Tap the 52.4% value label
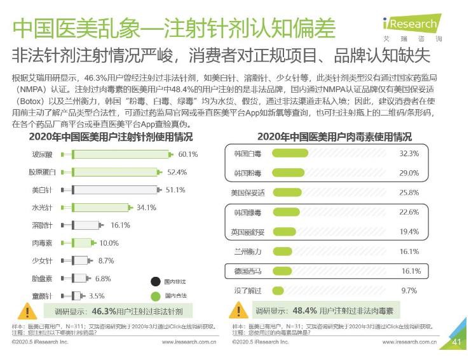click(177, 172)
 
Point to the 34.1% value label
click(146, 208)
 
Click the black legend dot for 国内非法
click(154, 281)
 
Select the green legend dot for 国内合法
click(154, 296)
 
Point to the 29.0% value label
click(409, 173)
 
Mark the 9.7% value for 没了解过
click(409, 291)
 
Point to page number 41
click(456, 342)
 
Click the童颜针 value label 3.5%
click(97, 296)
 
